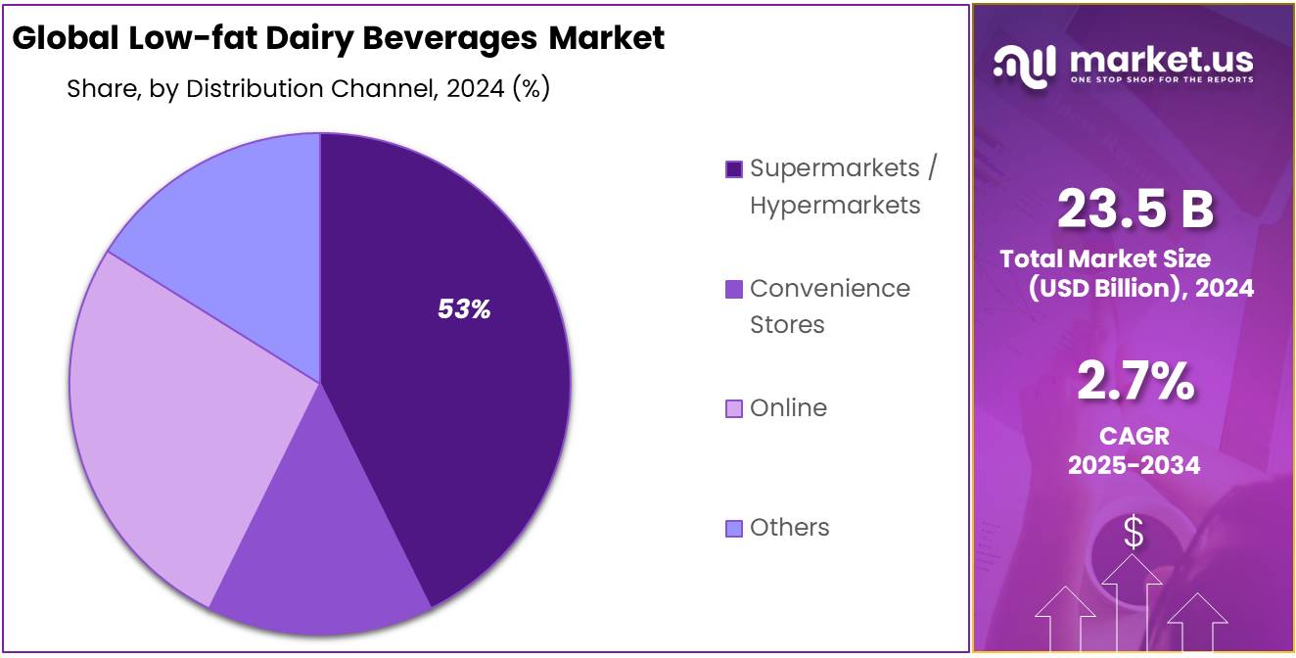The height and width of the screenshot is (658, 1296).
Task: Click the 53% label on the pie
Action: [464, 309]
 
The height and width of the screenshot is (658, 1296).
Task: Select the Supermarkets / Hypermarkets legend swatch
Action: [734, 169]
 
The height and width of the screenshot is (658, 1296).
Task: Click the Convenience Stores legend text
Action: [829, 305]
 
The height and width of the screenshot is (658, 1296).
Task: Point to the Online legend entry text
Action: [788, 407]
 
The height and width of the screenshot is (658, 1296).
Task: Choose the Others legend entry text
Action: [789, 527]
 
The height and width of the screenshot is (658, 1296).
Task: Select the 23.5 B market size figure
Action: [1134, 209]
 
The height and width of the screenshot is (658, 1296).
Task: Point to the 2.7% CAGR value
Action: [1134, 381]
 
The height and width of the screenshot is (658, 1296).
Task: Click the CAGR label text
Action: [1134, 436]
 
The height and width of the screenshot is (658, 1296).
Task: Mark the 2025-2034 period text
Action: [1134, 464]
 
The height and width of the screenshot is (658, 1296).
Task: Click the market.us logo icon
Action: [1024, 63]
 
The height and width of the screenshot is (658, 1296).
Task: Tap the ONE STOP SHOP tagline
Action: [1161, 79]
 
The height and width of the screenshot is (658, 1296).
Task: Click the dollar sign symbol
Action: [1134, 533]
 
